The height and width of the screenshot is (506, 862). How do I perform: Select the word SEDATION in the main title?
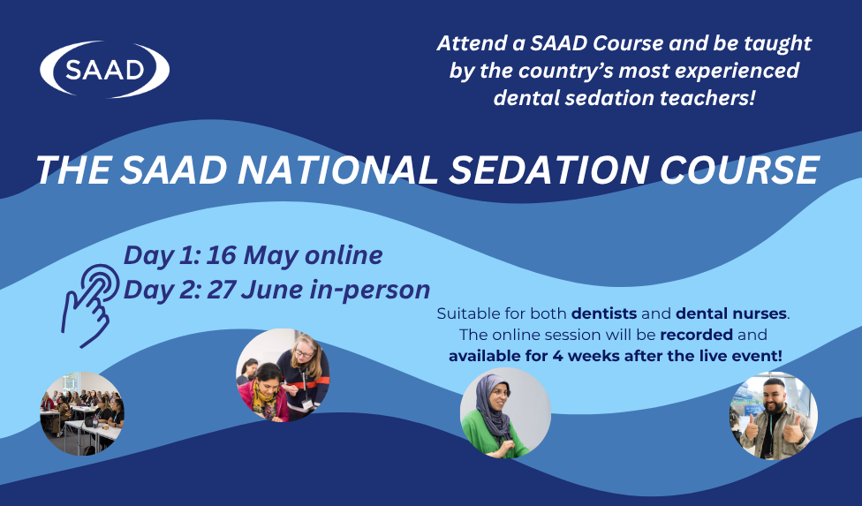[556, 170]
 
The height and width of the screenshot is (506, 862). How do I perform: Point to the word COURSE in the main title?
[745, 170]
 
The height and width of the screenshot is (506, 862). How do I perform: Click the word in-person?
[376, 289]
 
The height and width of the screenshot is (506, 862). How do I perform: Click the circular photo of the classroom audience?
[82, 413]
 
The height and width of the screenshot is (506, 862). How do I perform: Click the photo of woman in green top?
[505, 412]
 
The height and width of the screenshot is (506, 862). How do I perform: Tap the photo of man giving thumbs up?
[773, 416]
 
